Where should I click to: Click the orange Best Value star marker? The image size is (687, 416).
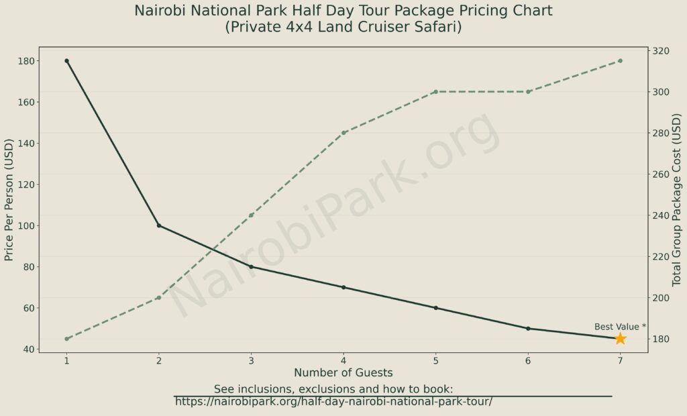[620, 339]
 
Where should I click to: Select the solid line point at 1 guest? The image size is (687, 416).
[66, 61]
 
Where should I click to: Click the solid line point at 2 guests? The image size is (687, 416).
[159, 225]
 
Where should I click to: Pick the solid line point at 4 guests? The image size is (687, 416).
[343, 287]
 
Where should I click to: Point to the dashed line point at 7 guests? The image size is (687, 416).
[620, 61]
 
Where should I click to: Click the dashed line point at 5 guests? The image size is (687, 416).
[435, 92]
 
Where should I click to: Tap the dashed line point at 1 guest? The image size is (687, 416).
[66, 339]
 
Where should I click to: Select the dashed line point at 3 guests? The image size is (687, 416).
[251, 215]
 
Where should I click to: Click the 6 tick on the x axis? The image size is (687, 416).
[528, 361]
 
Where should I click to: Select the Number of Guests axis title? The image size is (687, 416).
[343, 372]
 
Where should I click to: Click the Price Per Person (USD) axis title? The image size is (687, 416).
[9, 200]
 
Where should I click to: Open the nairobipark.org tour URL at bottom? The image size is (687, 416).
[333, 402]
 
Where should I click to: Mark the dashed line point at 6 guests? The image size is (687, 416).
[528, 92]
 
